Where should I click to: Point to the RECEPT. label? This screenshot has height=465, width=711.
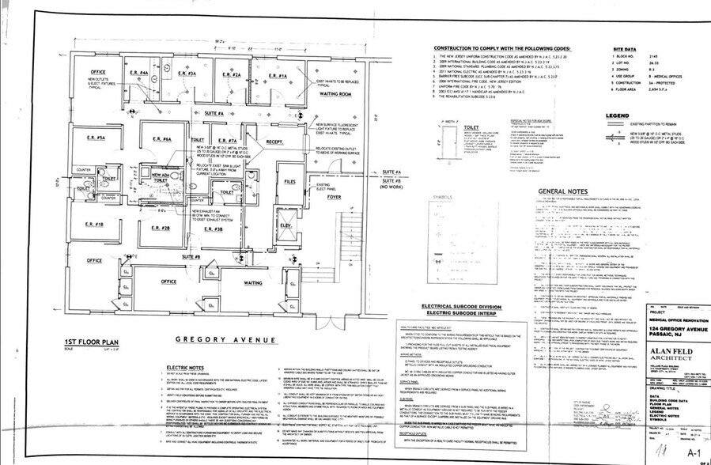point(274,143)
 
